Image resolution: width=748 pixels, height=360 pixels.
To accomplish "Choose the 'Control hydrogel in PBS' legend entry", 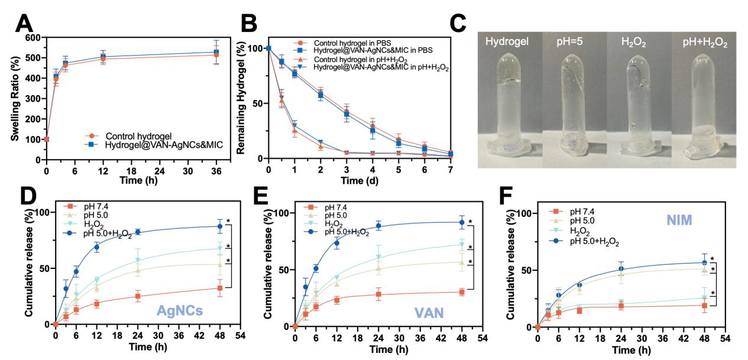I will point(352,43).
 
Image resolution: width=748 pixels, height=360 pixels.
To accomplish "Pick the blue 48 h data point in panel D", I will point(220,226).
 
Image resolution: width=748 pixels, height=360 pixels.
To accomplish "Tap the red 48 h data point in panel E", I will point(462,292).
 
